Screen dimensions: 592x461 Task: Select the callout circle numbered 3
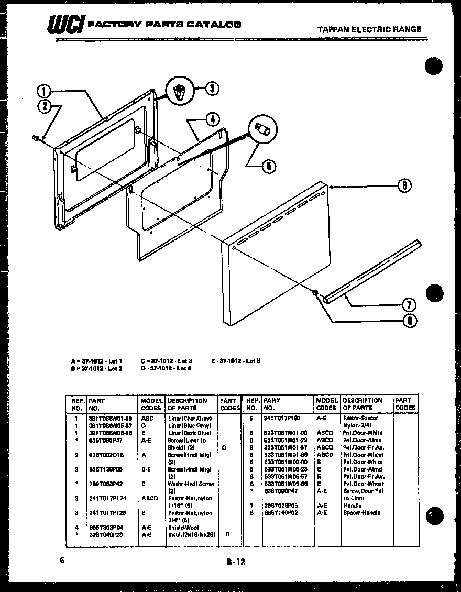(x=211, y=88)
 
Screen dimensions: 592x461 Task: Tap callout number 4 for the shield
(x=212, y=119)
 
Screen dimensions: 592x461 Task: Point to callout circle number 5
(x=268, y=166)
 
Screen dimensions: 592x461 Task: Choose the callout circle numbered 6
(x=404, y=185)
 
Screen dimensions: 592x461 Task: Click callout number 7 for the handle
(x=409, y=305)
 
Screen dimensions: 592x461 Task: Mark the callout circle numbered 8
(x=409, y=321)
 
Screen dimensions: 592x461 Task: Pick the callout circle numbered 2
(x=45, y=106)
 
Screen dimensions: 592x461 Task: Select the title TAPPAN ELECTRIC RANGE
(x=369, y=29)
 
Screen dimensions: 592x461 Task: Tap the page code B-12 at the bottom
(x=236, y=562)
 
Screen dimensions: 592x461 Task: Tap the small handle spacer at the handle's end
(x=316, y=293)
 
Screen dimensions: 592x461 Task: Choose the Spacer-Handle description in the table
(x=361, y=513)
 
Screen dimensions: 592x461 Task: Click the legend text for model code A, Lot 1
(x=97, y=361)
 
